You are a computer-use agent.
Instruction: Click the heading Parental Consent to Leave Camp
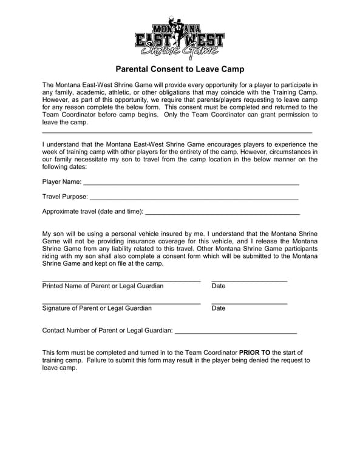point(180,70)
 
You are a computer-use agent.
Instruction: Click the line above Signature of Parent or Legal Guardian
point(121,303)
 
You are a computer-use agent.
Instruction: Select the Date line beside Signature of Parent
point(249,303)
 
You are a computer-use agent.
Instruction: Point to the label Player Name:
point(62,181)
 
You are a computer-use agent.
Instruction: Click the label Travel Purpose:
point(65,197)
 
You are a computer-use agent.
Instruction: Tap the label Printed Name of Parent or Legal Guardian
point(103,286)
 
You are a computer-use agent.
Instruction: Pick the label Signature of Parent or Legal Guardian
point(97,308)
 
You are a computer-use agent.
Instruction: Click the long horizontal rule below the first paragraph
point(177,132)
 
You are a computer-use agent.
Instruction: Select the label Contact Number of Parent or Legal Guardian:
point(107,331)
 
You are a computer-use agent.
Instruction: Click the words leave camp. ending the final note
point(59,368)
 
